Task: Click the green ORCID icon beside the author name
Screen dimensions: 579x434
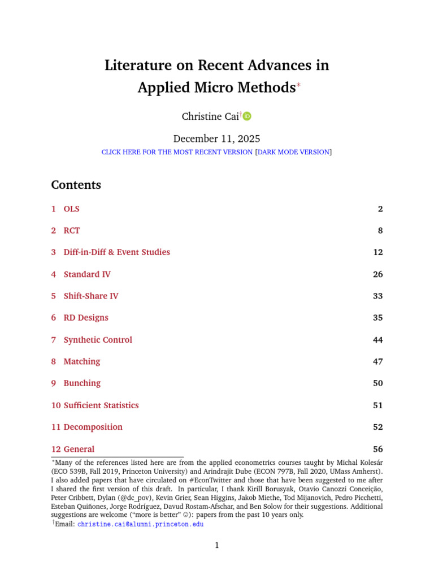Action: coord(247,116)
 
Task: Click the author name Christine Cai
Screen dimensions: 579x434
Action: coord(210,116)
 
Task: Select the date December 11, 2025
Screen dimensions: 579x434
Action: coord(216,139)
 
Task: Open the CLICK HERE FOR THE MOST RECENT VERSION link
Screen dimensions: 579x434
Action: coord(177,152)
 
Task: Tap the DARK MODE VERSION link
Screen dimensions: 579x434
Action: coord(293,152)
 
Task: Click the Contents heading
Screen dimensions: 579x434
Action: coord(76,185)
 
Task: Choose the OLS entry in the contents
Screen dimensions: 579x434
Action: coord(71,209)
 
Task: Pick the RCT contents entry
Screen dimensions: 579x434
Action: coord(72,231)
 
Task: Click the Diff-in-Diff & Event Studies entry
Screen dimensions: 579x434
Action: coord(116,252)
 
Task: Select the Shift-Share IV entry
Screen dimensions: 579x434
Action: coord(90,296)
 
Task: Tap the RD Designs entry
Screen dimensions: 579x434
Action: coord(86,318)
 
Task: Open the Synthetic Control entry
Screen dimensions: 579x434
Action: coord(98,340)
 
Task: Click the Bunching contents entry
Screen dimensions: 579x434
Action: coord(82,383)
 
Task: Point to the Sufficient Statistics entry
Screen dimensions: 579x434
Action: coord(101,405)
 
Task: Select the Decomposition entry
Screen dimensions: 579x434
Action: coord(93,427)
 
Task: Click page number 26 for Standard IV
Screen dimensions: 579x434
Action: coord(377,274)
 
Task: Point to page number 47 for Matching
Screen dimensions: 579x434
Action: coord(377,361)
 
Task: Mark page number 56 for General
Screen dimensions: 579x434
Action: coord(377,450)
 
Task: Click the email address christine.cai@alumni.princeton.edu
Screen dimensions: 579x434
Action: coord(140,524)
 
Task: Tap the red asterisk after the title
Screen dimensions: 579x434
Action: coord(299,85)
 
